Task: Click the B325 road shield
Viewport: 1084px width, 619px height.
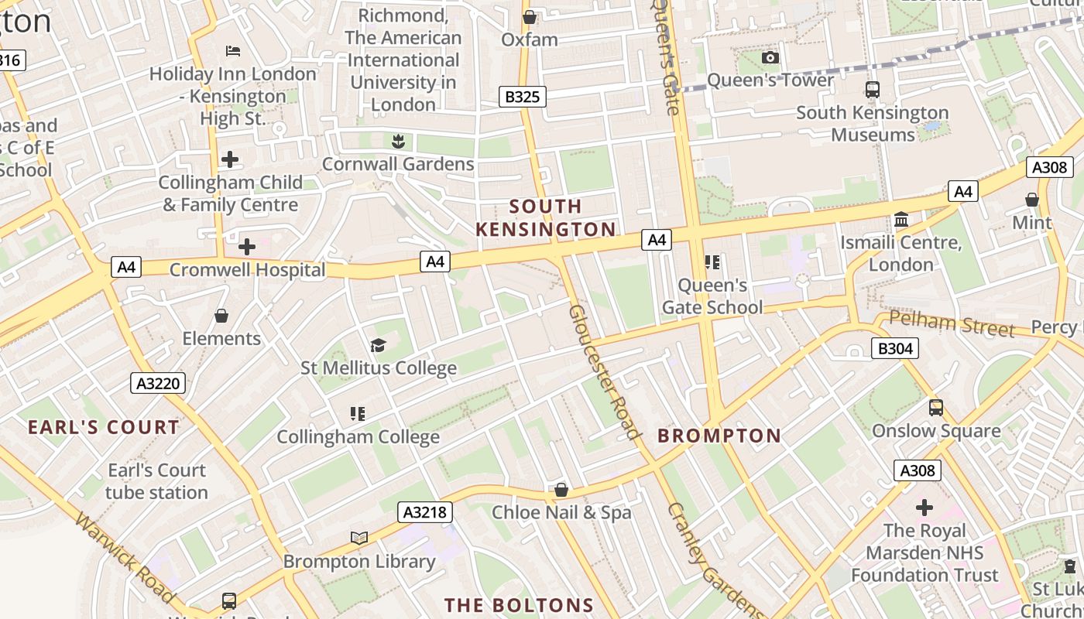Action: click(x=522, y=97)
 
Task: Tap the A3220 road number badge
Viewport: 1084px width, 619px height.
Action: click(x=158, y=382)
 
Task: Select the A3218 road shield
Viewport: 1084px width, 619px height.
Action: click(x=425, y=511)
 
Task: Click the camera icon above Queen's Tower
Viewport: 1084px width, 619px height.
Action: click(x=770, y=57)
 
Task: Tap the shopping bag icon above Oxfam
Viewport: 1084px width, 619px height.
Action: click(x=530, y=17)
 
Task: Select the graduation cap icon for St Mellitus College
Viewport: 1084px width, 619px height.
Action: click(x=378, y=345)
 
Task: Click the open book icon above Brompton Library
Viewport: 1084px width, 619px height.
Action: click(x=358, y=538)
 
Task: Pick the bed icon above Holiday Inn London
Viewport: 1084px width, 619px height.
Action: click(x=233, y=51)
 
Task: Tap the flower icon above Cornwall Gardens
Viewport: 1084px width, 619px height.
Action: click(x=398, y=141)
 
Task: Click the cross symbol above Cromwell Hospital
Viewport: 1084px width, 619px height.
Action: click(x=247, y=247)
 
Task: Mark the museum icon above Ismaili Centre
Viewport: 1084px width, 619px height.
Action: click(x=901, y=220)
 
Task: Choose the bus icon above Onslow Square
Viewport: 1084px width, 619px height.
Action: click(x=936, y=407)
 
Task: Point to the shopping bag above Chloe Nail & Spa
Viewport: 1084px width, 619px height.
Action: click(x=561, y=490)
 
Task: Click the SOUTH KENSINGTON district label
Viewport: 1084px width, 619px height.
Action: click(x=545, y=217)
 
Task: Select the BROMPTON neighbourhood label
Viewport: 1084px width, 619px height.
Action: click(x=719, y=436)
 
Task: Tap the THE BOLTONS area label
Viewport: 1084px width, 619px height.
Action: click(x=519, y=605)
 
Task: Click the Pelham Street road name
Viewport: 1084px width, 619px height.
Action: click(x=952, y=323)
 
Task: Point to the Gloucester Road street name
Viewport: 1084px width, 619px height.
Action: click(x=605, y=371)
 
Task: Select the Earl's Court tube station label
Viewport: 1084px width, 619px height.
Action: click(x=157, y=481)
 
